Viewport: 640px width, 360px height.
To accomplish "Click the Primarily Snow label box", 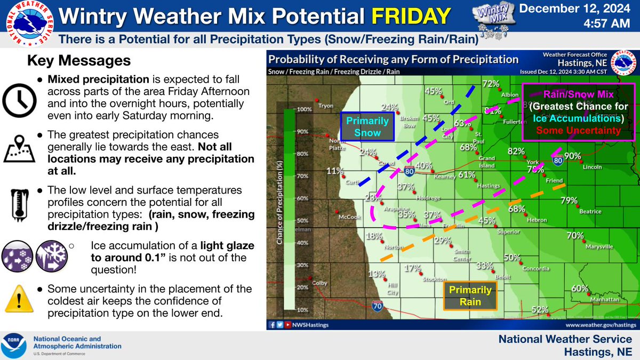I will coord(367,126).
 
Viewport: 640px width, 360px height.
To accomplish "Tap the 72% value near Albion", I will coord(490,84).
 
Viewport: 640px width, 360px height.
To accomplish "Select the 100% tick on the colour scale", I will coord(304,109).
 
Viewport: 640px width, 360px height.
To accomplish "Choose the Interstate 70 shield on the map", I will coord(377,305).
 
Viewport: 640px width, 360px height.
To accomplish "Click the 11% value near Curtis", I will coord(335,171).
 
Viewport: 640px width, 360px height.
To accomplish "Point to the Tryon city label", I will coord(325,106).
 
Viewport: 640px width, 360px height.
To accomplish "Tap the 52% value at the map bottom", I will coord(540,309).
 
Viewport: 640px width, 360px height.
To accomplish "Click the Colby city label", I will coord(320,283).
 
